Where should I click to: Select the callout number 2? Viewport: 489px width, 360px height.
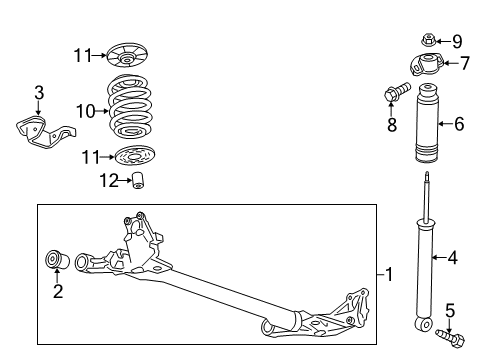(57, 292)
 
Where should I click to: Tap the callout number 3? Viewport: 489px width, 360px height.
(38, 93)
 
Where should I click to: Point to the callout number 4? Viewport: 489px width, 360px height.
(453, 258)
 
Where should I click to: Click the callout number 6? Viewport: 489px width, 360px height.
(459, 124)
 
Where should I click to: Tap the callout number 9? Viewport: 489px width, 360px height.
(458, 41)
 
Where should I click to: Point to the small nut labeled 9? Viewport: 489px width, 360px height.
(428, 41)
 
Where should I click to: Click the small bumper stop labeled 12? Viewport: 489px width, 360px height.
(142, 180)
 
